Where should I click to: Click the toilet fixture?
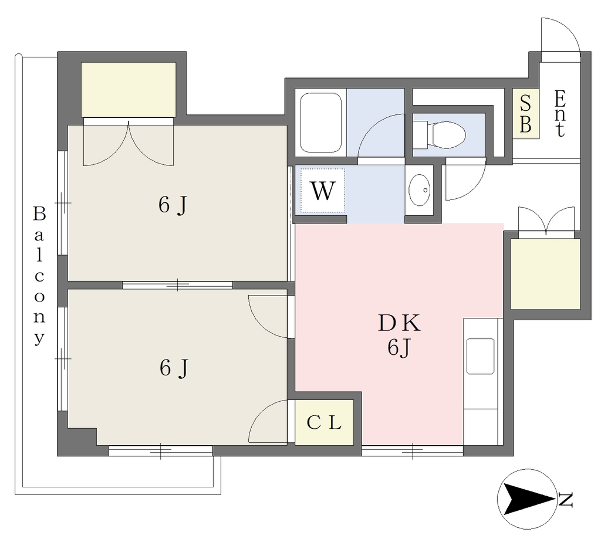point(439,134)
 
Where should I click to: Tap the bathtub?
point(321,123)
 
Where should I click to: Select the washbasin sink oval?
point(419,189)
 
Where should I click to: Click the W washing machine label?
point(322,191)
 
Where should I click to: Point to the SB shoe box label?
point(525,113)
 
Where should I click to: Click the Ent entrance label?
point(559,113)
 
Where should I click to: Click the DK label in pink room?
point(399,323)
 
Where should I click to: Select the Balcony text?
point(39,275)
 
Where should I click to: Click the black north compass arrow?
point(529,499)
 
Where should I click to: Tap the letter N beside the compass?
point(566,500)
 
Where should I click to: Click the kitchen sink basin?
point(480,356)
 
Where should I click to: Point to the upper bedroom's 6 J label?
point(173,205)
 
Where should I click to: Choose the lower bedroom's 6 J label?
point(174,368)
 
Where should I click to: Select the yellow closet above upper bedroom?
point(129,90)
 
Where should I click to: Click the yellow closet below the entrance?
point(545,274)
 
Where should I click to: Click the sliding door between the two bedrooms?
point(177,285)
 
